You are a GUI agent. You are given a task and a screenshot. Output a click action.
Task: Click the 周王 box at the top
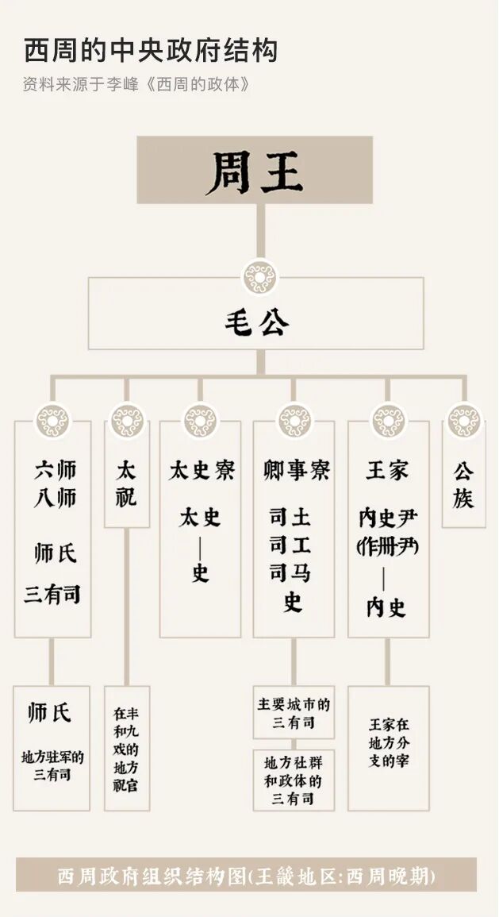tap(255, 170)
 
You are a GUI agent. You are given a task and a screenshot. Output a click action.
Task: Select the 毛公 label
tap(255, 322)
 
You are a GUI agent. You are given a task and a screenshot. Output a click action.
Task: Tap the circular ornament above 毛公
tap(259, 278)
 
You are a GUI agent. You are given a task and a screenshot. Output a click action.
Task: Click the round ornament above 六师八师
tap(53, 421)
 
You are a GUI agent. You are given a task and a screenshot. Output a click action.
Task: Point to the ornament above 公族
tap(463, 421)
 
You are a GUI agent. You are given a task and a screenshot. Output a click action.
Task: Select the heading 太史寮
tap(201, 470)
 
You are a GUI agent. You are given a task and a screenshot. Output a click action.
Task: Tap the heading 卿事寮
tap(294, 470)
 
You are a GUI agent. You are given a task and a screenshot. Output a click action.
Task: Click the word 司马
tap(290, 573)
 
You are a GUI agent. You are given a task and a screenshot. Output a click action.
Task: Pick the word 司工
tap(290, 545)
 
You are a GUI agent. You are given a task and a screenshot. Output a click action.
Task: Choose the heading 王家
tap(387, 470)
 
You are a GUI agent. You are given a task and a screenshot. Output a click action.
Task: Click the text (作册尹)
tap(388, 547)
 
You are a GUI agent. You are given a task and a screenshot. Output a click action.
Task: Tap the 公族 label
tap(463, 484)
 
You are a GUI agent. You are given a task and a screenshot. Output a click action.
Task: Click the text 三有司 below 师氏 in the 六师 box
tap(52, 595)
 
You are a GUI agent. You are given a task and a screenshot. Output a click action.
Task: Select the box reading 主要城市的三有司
tap(294, 712)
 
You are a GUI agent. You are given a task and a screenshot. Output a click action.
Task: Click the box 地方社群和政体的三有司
tap(294, 780)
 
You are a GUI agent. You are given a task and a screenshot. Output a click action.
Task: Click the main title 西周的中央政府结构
tap(151, 51)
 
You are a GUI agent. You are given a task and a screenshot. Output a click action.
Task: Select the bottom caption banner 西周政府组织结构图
tap(246, 876)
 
